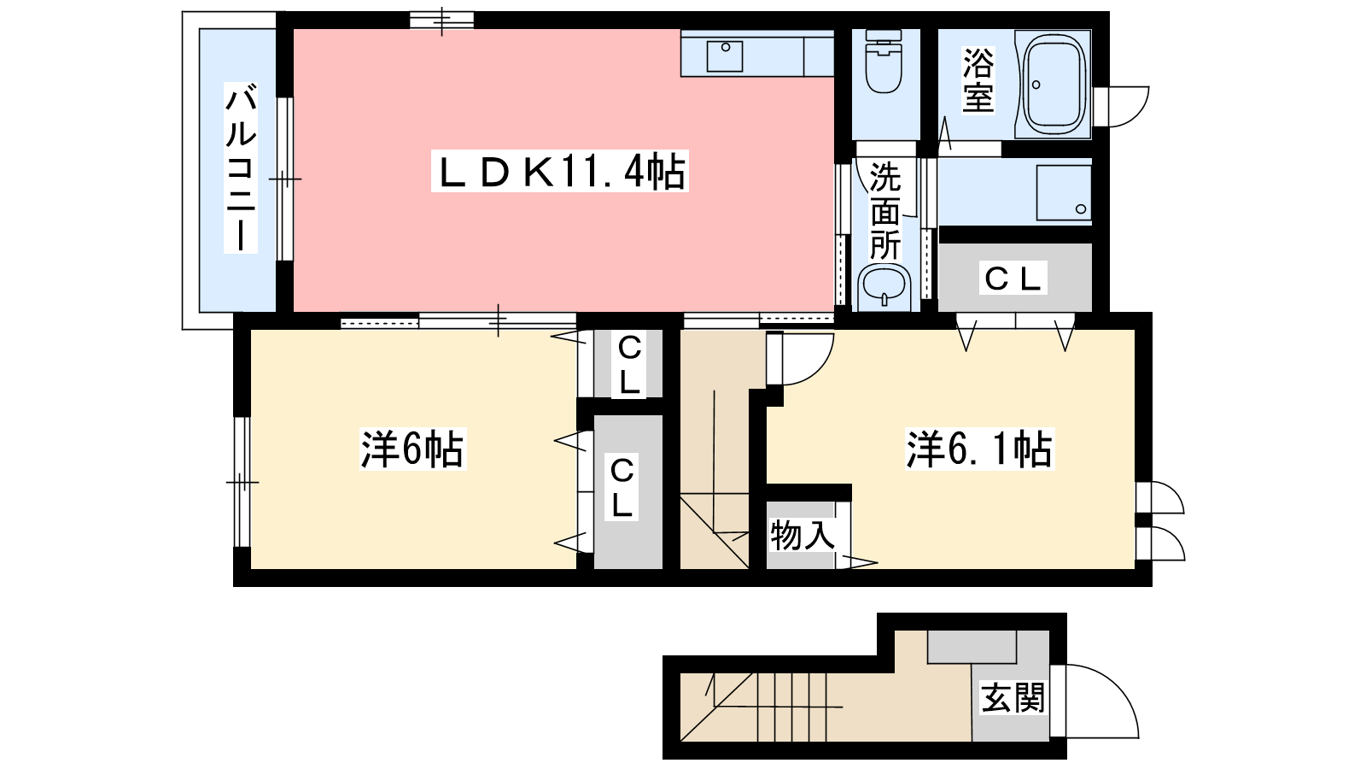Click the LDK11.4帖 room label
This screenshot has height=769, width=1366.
point(560,172)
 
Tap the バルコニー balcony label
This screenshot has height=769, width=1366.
point(240,167)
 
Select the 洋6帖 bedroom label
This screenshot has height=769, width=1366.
point(412,449)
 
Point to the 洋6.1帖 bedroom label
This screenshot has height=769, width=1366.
point(979,449)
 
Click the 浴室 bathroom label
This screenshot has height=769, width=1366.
point(978,80)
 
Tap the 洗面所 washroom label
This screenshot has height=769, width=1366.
point(884,211)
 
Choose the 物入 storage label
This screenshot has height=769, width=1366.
point(802,535)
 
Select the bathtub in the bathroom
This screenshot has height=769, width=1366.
point(1054,84)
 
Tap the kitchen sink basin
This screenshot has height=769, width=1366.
point(725,56)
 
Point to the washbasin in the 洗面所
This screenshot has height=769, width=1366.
point(884,287)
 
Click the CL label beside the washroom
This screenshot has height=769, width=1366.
point(1013,279)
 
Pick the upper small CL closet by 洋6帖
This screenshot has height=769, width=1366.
point(628,365)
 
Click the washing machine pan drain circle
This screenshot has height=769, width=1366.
point(1081,209)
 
